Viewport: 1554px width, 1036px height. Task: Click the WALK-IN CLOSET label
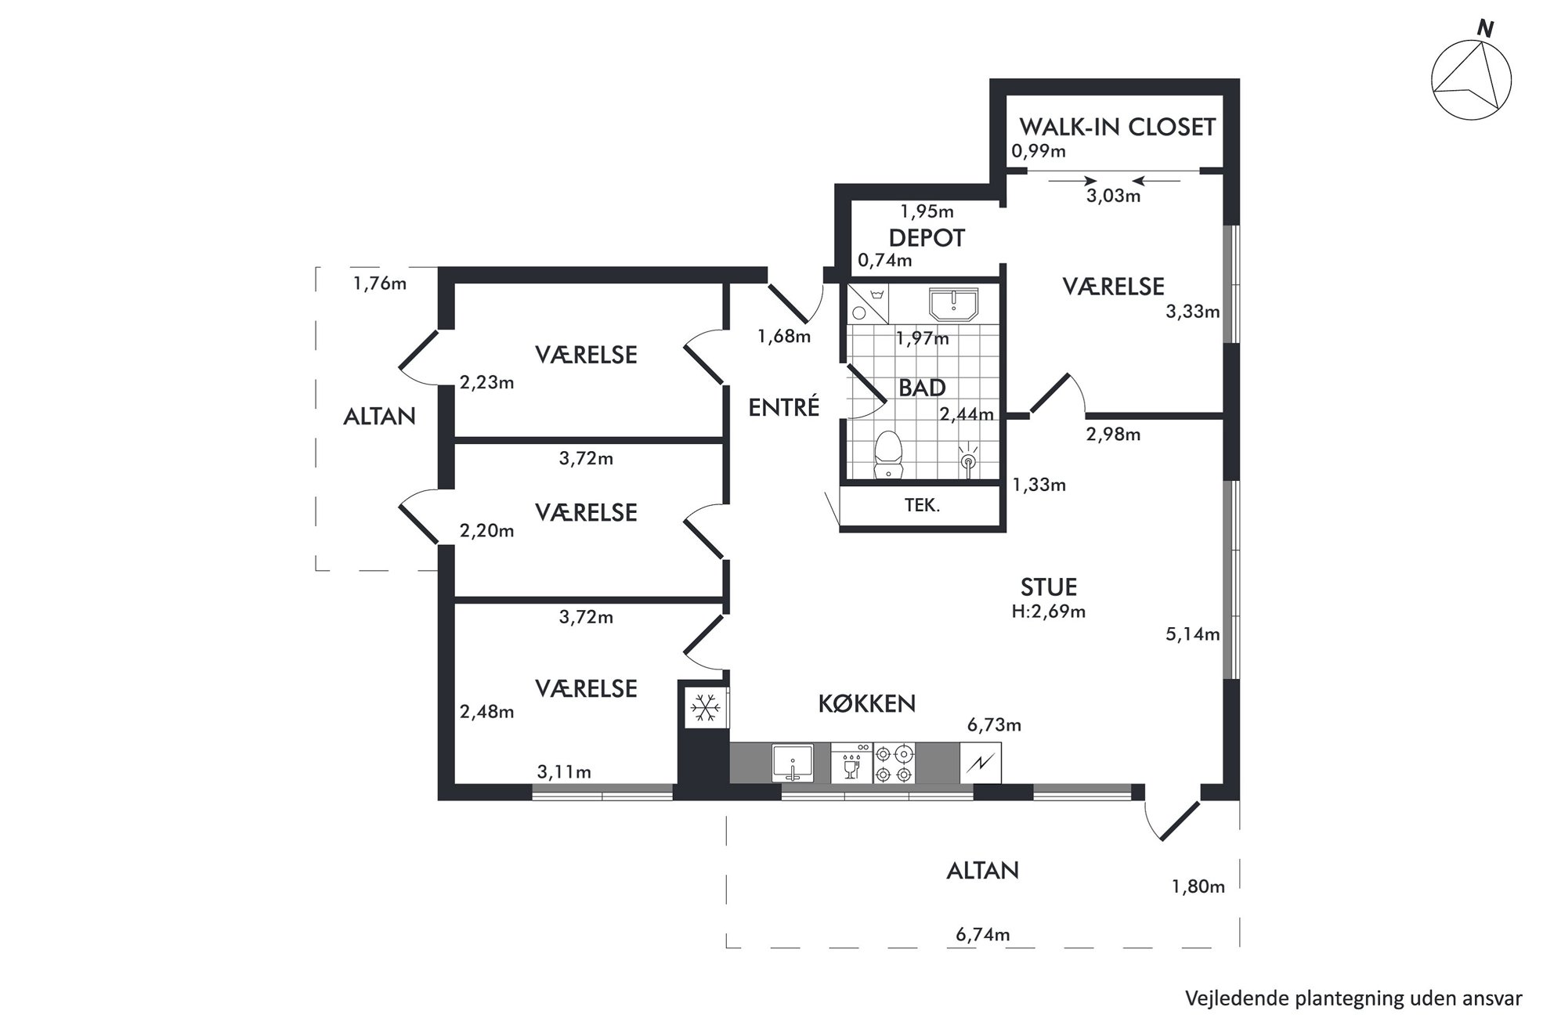1117,127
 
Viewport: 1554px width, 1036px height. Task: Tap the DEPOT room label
927,238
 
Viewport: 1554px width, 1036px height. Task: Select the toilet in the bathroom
888,454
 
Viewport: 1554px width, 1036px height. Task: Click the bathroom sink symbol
953,304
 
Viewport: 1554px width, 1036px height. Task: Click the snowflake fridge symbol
705,708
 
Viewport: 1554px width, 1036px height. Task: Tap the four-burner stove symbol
894,763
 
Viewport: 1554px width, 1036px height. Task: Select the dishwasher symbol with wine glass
851,763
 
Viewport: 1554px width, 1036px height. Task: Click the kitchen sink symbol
792,763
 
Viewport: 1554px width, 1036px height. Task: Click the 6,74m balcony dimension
982,934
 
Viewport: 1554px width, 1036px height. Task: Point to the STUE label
1049,587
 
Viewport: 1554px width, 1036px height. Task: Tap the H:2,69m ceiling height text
1049,612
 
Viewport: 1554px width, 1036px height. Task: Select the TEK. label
922,506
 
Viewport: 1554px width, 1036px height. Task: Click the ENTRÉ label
784,407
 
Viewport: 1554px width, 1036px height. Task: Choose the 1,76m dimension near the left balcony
380,283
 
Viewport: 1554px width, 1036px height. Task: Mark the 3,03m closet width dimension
1113,196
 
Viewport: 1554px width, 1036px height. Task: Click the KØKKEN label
867,704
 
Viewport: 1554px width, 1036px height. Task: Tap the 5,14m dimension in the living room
1193,634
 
